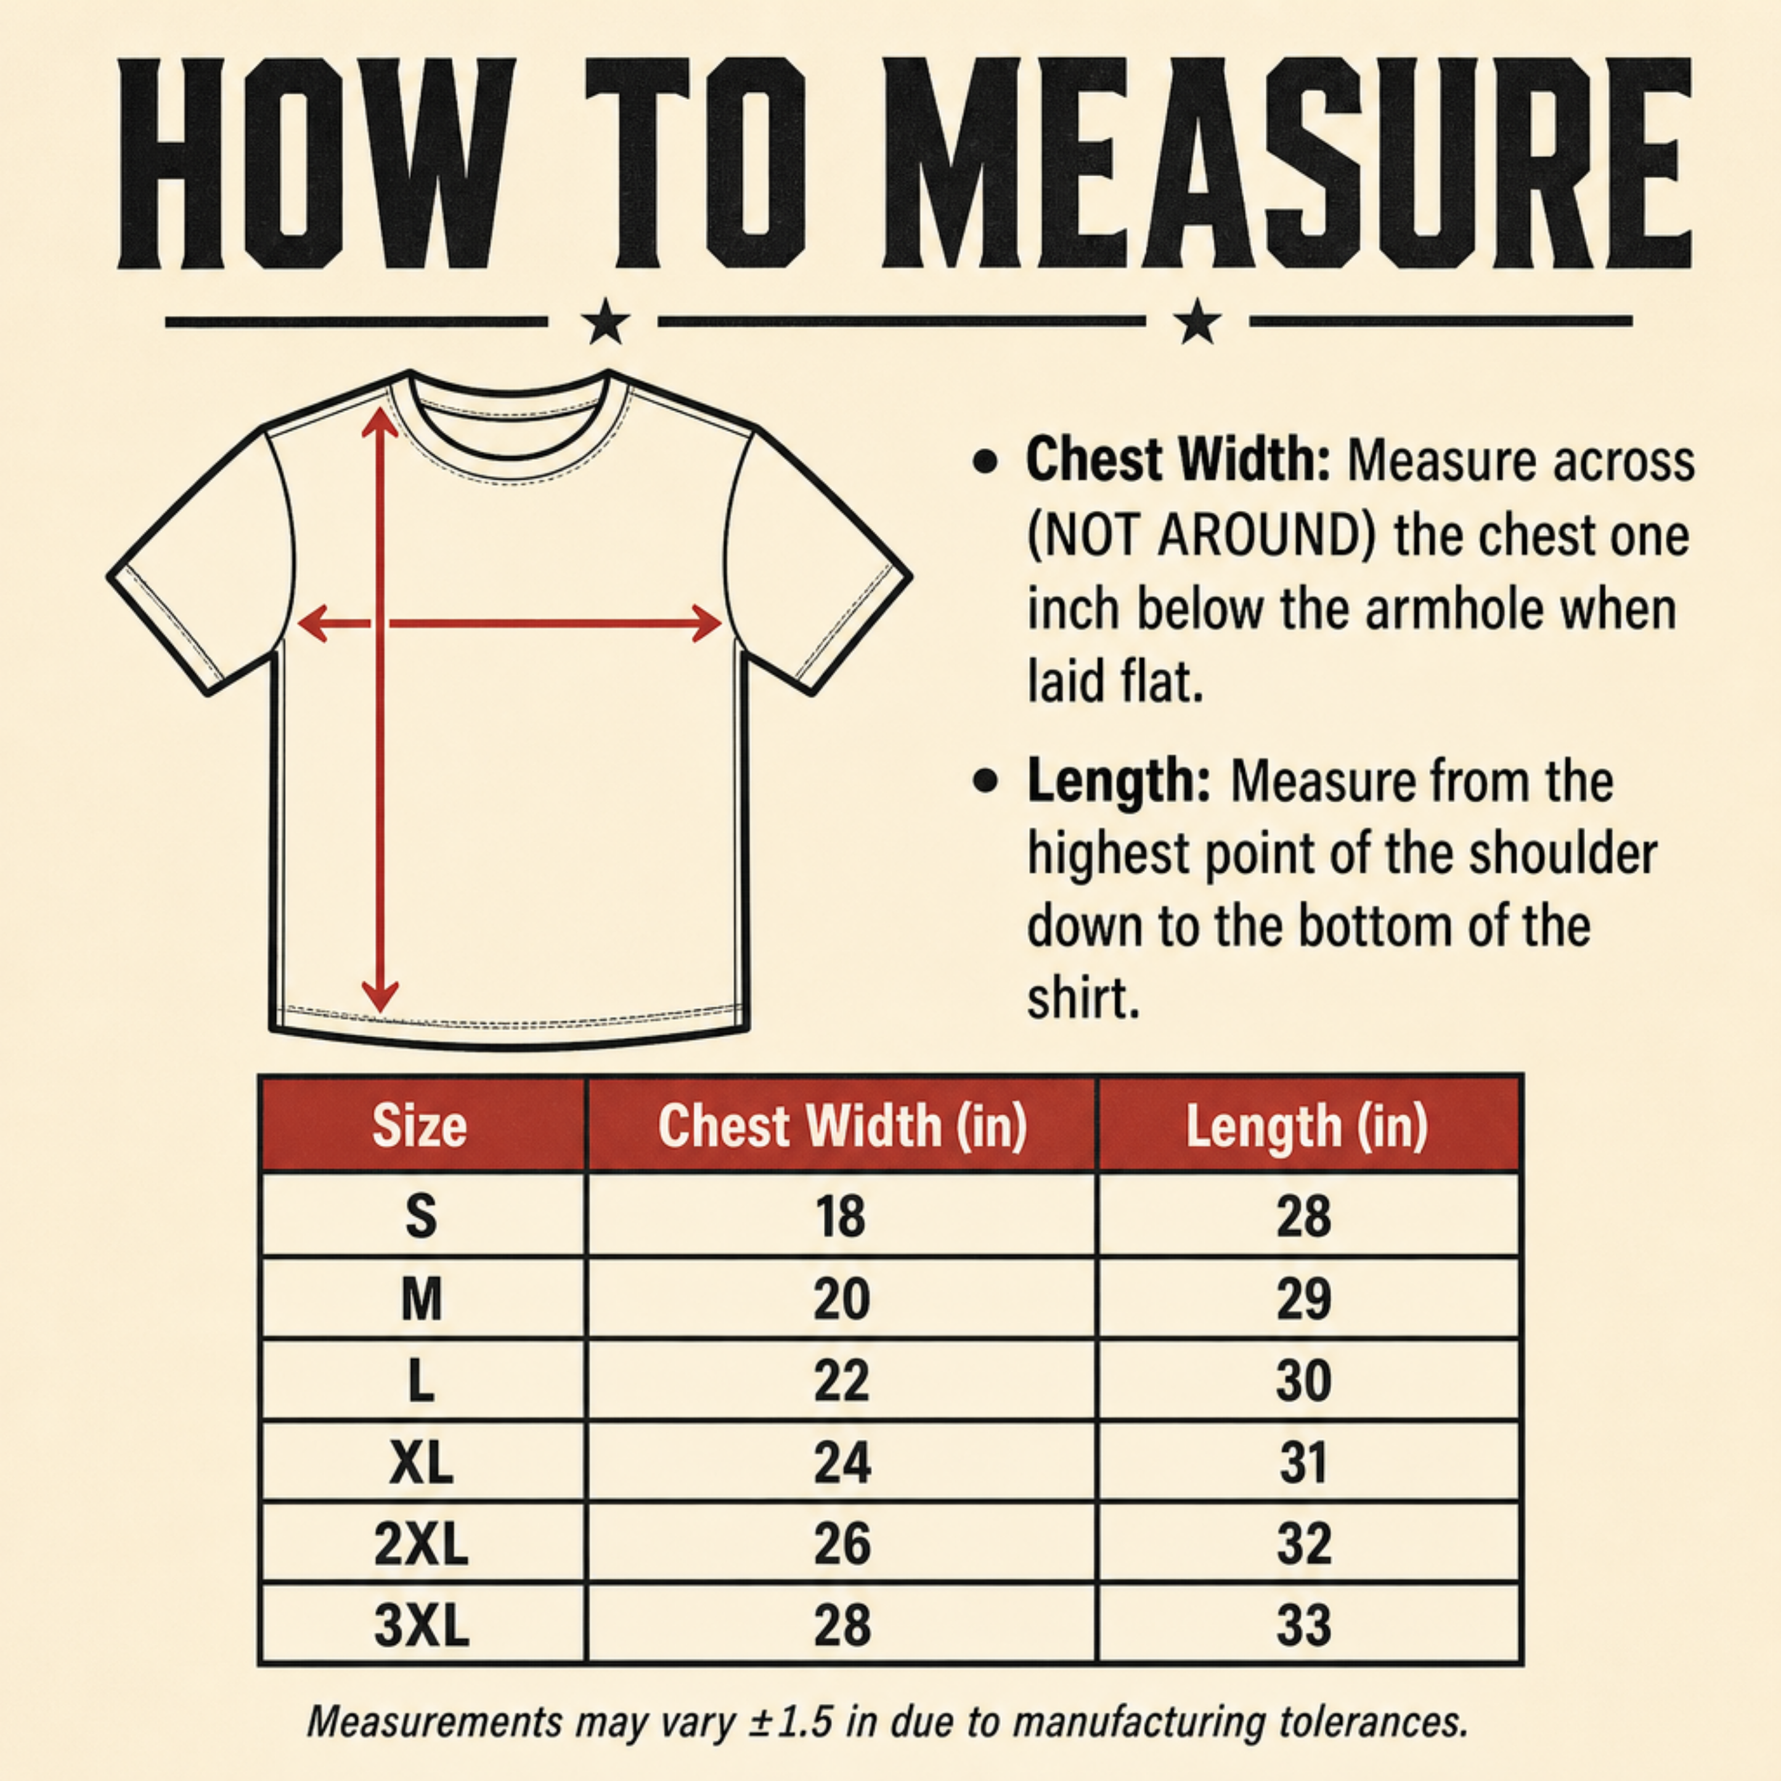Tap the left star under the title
pos(606,322)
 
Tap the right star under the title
pos(1197,322)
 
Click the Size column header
pos(420,1125)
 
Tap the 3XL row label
pos(422,1625)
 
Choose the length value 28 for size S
pos(1303,1217)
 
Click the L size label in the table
pos(422,1380)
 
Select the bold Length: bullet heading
pos(1118,781)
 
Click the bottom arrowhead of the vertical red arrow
pos(380,996)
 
